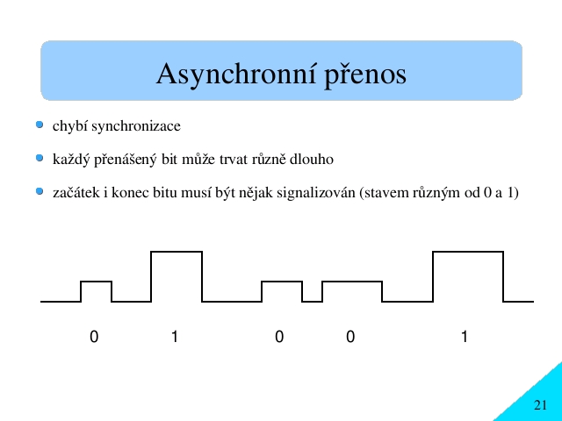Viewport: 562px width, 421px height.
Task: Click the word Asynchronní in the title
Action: (236, 74)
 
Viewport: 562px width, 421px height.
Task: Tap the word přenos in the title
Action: (365, 76)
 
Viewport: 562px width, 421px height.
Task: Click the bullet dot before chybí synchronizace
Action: (40, 125)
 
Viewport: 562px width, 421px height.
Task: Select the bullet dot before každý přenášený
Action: (40, 158)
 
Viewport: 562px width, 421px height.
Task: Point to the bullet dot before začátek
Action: (40, 191)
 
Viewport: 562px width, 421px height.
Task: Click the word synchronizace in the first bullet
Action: (136, 126)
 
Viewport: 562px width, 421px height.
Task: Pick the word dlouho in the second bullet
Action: (312, 159)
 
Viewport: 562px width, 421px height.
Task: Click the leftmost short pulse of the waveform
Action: (96, 282)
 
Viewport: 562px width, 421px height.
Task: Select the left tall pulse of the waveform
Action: (177, 252)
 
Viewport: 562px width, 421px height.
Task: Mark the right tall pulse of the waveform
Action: (468, 252)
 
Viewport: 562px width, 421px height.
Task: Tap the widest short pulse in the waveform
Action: (352, 282)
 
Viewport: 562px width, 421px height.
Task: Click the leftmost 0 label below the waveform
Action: (94, 337)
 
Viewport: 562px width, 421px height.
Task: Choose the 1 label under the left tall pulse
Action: (175, 337)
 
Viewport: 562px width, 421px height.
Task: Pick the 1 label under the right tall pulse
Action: (465, 337)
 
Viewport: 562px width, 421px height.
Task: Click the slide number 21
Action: (541, 405)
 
